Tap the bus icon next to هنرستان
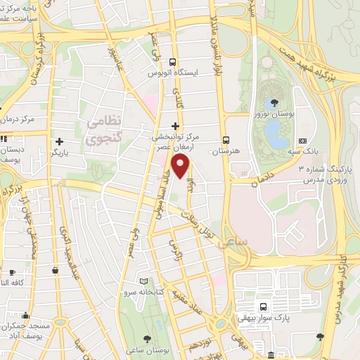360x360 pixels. pyautogui.click(x=225, y=140)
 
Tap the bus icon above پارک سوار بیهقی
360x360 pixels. pyautogui.click(x=263, y=307)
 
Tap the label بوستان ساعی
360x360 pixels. pyautogui.click(x=150, y=349)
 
